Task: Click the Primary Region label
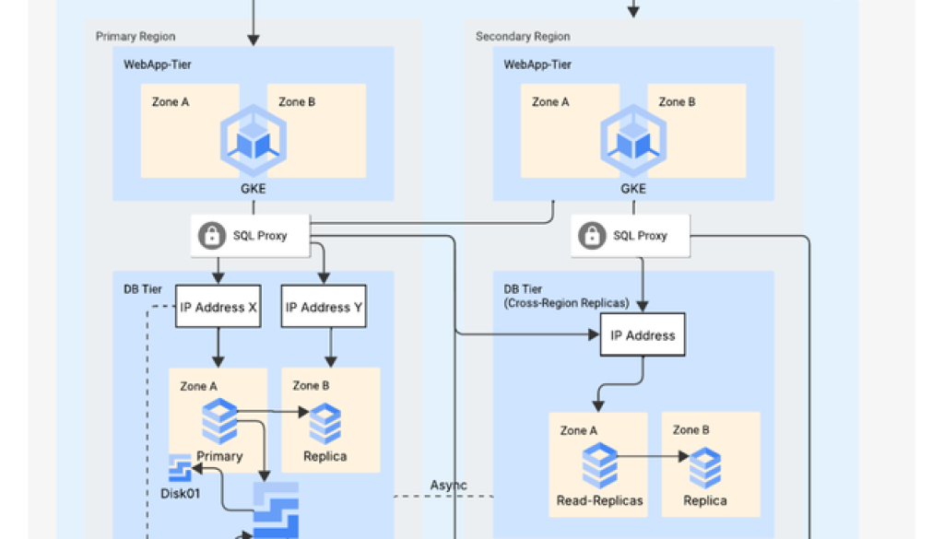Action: coord(136,37)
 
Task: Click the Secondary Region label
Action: coord(523,37)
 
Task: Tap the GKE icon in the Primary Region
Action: coord(254,141)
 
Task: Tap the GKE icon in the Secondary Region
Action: coord(633,141)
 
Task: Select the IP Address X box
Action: coord(218,308)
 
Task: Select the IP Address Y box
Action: coord(323,308)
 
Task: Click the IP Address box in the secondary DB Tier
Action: coord(643,335)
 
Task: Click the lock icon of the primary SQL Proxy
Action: coord(212,236)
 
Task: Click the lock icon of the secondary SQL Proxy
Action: coord(592,236)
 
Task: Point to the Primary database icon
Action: coord(219,421)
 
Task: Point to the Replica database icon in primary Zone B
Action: coord(324,424)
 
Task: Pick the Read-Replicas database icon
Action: coord(599,465)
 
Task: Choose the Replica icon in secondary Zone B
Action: coord(705,468)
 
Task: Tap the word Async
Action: coord(448,485)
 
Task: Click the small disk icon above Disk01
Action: coord(179,468)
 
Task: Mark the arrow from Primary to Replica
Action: coord(273,414)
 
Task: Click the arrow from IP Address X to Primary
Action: coord(218,347)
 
